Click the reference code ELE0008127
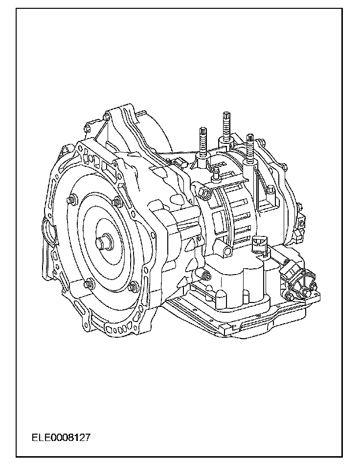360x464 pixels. [61, 438]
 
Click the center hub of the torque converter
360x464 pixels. [104, 242]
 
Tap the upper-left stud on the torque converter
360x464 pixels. [71, 200]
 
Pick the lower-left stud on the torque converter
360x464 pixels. [88, 284]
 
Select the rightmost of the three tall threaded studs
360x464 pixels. [250, 148]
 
